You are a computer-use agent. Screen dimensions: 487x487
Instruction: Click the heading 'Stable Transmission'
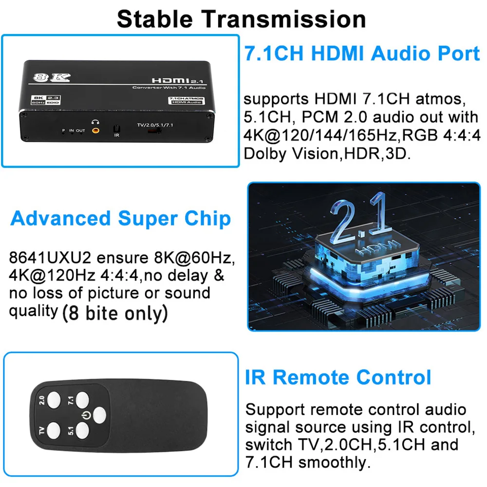242,19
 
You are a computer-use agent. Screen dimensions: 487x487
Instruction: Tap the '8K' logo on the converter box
52,77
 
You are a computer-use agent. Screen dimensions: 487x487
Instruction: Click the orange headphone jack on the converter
95,131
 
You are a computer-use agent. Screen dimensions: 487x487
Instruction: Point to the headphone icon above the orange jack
95,122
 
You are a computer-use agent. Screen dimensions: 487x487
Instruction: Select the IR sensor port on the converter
116,129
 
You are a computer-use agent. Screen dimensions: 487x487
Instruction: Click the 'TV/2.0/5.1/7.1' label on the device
155,125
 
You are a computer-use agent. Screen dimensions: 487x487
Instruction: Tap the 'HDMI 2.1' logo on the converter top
177,81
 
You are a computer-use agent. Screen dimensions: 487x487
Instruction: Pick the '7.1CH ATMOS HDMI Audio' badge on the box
187,100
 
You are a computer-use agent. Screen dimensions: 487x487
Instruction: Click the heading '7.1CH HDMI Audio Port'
362,53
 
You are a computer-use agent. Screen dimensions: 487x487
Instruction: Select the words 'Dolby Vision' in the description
290,153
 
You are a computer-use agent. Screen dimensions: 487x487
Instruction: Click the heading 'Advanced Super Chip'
120,218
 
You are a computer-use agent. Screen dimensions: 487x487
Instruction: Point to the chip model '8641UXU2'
50,258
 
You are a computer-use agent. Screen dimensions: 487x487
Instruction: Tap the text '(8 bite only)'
115,313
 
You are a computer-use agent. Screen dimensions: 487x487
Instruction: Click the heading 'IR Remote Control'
338,377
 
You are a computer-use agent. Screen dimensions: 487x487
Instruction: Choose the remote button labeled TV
54,431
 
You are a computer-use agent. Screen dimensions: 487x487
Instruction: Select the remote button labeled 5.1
82,431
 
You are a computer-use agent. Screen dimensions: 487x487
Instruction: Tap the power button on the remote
99,415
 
